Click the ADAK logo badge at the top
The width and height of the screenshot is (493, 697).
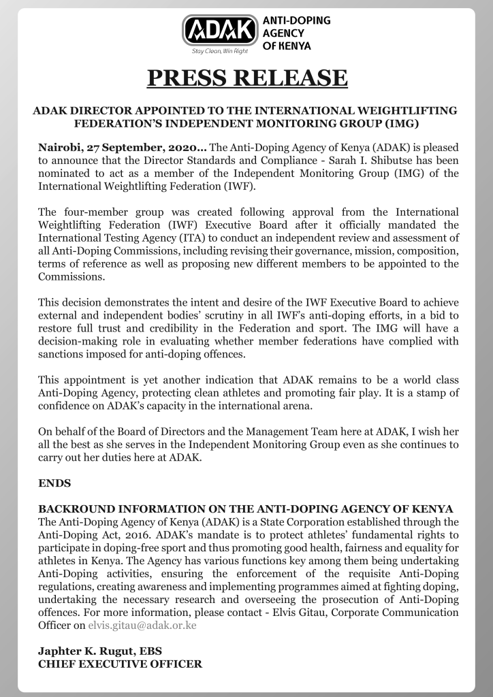click(x=220, y=31)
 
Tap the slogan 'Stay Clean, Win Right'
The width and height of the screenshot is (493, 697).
click(x=220, y=51)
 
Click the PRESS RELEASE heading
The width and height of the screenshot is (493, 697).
click(x=247, y=78)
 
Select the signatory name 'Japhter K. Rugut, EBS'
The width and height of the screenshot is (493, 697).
click(x=99, y=651)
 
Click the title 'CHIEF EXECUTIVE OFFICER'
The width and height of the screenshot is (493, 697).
click(x=120, y=664)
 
